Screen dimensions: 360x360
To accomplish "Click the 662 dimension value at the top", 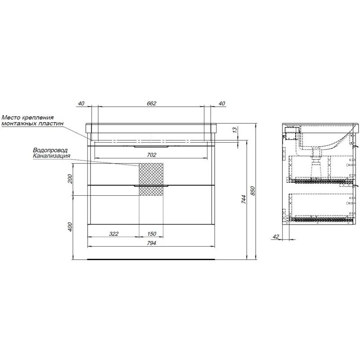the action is [x=151, y=103].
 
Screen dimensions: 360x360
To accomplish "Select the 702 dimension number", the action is [x=151, y=155].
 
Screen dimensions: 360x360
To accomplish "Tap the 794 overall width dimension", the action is [x=151, y=243].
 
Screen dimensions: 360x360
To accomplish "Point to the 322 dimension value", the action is [x=114, y=234].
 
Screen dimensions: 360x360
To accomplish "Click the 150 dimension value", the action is [x=152, y=234].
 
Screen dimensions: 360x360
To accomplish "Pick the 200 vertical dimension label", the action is [x=70, y=179].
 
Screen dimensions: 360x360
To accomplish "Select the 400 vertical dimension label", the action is [x=70, y=227].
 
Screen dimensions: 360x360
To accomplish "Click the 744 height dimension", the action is [x=243, y=199].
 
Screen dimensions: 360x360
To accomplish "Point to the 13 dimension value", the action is [x=234, y=130].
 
